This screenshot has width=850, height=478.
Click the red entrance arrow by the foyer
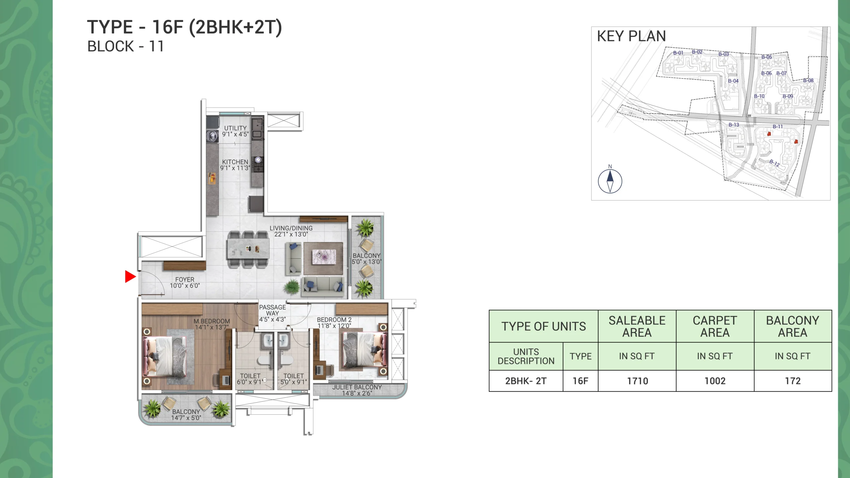tap(130, 277)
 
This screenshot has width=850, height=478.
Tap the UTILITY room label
tap(235, 128)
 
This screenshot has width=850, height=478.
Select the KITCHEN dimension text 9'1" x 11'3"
tap(235, 168)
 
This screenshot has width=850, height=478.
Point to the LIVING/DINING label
tap(291, 228)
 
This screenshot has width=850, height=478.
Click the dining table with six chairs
tap(248, 249)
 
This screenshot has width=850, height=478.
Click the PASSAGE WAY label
tap(272, 310)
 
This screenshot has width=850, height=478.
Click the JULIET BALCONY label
tap(357, 387)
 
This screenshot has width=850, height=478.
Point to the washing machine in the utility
tap(212, 136)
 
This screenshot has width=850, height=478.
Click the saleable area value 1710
tap(637, 381)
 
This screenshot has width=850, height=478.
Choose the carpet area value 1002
tap(715, 381)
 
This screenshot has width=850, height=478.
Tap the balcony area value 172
tap(793, 381)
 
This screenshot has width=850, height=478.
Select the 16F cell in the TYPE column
tap(580, 381)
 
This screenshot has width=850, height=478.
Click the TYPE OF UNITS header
tap(544, 326)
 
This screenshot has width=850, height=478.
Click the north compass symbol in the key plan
tap(610, 181)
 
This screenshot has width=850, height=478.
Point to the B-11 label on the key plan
tap(778, 126)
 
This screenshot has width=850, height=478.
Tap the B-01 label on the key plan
tap(678, 53)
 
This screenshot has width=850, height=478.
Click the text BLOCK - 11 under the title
tap(126, 46)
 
